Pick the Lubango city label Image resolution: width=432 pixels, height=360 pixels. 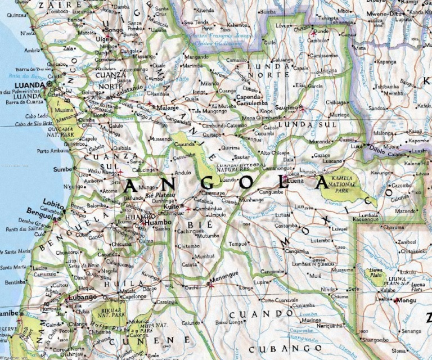[x=82, y=297]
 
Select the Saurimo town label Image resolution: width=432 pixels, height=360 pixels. [x=286, y=106]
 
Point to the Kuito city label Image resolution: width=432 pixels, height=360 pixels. [x=171, y=207]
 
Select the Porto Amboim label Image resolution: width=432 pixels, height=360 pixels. [x=52, y=151]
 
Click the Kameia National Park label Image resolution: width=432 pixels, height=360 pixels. [x=343, y=183]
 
